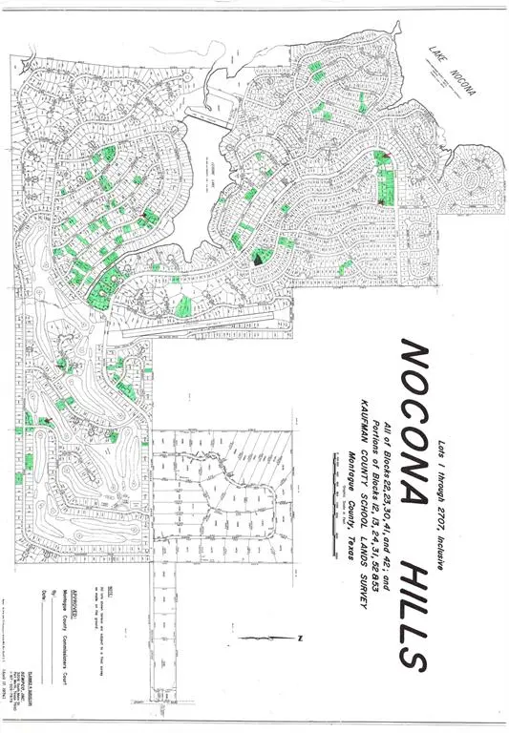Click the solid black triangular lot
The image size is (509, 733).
[260, 255]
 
